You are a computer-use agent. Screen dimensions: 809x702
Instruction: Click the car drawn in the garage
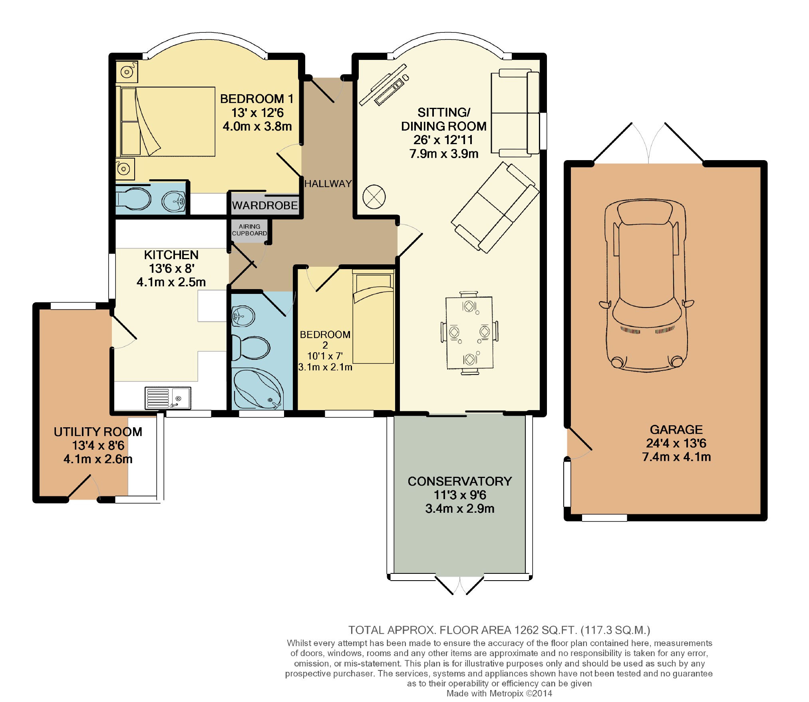click(646, 286)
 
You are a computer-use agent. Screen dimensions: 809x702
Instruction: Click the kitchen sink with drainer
click(168, 398)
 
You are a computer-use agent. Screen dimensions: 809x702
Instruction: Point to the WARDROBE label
click(265, 205)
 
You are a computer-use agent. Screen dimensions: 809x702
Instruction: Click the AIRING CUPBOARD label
click(249, 230)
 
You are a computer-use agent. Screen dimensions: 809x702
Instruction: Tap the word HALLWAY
click(328, 184)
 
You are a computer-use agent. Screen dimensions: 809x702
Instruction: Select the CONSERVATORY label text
click(460, 481)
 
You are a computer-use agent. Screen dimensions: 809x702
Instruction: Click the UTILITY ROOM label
click(98, 432)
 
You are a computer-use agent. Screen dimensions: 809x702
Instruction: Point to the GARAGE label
click(676, 429)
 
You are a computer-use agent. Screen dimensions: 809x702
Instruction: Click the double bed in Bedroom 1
click(165, 121)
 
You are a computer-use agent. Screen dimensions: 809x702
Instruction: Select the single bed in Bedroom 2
click(373, 316)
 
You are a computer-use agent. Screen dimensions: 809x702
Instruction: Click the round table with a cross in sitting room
click(374, 196)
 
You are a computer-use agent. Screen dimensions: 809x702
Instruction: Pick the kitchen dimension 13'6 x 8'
click(171, 268)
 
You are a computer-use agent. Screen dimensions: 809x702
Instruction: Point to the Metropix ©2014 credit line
click(499, 694)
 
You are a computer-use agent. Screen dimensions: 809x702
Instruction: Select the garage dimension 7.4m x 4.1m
click(676, 457)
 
